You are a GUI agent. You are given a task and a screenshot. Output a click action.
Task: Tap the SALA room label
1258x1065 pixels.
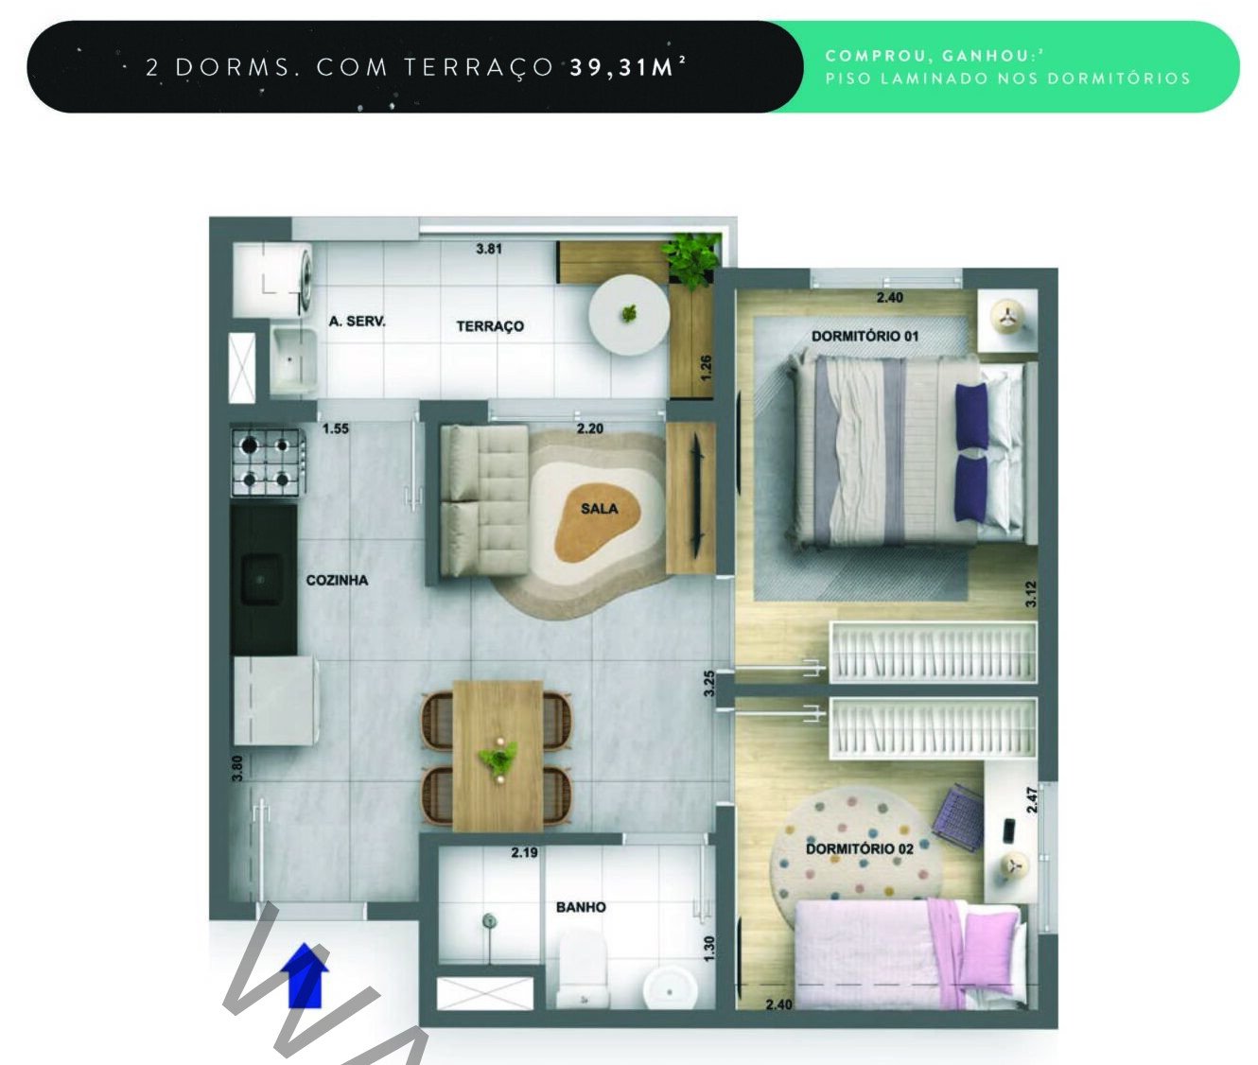tap(599, 509)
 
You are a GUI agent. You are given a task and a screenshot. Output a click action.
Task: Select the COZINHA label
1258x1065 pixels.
tap(337, 581)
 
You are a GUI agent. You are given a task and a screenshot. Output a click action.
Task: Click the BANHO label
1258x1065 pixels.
tap(581, 907)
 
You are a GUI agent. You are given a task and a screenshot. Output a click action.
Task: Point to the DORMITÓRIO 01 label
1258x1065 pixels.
tap(865, 336)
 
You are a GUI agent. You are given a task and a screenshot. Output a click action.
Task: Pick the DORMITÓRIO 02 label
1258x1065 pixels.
tap(860, 849)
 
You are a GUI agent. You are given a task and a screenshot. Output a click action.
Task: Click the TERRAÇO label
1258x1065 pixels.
tap(490, 326)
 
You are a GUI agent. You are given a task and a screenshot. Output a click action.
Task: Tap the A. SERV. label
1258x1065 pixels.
tap(358, 322)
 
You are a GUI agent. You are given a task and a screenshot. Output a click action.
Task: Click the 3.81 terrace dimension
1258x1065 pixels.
tap(489, 249)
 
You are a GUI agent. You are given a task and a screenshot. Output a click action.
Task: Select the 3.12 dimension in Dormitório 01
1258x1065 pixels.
tap(1030, 594)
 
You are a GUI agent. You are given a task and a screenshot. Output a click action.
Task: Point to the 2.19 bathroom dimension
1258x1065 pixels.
tap(524, 852)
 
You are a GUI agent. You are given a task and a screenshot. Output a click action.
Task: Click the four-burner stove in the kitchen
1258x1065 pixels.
tap(267, 463)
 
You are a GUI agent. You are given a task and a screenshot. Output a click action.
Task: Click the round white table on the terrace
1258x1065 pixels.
tap(629, 315)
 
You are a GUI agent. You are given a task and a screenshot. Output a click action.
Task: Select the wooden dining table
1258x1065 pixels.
tap(498, 756)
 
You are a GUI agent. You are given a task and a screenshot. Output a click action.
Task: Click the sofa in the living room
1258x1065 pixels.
tap(484, 501)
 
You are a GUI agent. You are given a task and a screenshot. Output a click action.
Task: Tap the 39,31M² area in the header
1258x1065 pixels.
tap(627, 67)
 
